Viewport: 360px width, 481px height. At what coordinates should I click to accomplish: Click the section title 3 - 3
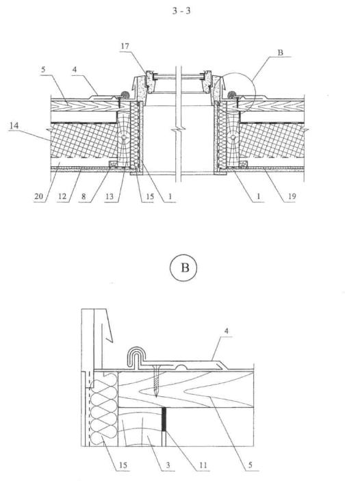click(181, 11)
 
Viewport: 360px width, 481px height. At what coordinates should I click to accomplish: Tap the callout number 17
click(125, 47)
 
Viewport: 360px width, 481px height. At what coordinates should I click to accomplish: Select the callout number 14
click(14, 125)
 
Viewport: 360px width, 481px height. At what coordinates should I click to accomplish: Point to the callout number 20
click(39, 196)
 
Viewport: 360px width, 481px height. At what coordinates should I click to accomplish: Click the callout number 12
click(62, 196)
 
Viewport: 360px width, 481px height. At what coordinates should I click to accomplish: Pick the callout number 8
click(83, 196)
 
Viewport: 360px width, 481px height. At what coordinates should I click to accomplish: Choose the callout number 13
click(110, 196)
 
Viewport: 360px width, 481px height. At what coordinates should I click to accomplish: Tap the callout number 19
click(292, 196)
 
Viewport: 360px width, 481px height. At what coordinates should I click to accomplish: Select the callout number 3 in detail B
click(168, 465)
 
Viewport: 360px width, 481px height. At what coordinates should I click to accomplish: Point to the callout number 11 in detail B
click(203, 465)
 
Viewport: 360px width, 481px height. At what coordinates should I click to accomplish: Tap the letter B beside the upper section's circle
click(280, 53)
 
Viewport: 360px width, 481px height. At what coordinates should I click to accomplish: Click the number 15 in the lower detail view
click(123, 465)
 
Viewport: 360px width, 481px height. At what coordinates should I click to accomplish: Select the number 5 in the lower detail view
click(250, 465)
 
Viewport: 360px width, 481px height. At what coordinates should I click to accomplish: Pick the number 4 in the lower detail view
click(227, 331)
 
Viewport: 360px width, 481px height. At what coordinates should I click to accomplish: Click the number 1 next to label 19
click(259, 196)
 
